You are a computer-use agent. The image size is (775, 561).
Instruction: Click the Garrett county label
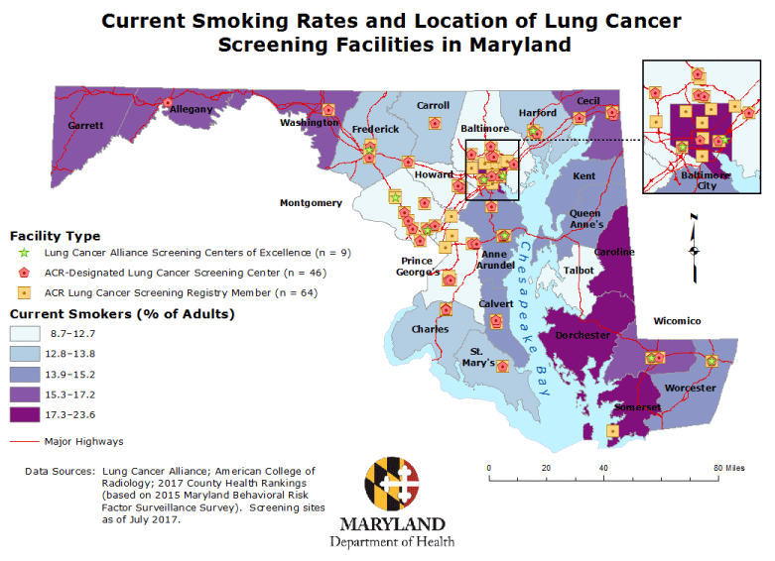85,126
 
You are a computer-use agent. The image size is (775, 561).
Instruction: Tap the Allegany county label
191,110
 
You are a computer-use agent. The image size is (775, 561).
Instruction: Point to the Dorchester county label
582,335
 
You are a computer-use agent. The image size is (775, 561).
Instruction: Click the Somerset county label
636,407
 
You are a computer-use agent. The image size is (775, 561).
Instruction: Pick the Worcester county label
690,388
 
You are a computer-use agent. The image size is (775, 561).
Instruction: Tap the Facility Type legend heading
55,236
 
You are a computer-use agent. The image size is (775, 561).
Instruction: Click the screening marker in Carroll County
435,123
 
